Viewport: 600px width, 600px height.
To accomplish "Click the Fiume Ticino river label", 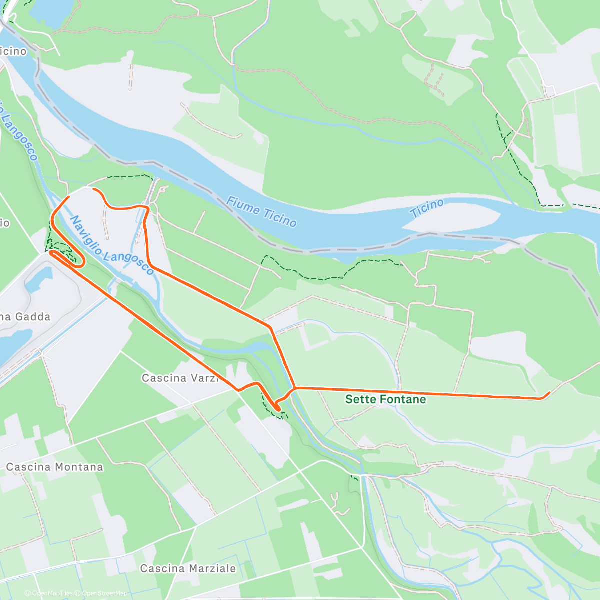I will pyautogui.click(x=261, y=212).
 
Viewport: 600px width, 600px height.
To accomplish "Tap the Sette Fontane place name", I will pyautogui.click(x=385, y=399).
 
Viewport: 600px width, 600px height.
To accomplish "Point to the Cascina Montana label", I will pyautogui.click(x=55, y=467).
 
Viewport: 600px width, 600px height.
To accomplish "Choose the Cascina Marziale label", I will pyautogui.click(x=188, y=568).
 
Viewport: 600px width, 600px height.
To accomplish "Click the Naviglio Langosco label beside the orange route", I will pyautogui.click(x=112, y=245).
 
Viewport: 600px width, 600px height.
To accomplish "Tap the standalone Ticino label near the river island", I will pyautogui.click(x=427, y=208).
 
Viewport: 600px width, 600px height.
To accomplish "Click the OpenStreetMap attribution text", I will pyautogui.click(x=104, y=593).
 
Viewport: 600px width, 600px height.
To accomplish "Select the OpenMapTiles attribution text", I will pyautogui.click(x=52, y=593).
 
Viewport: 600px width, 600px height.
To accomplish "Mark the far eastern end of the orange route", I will pyautogui.click(x=549, y=393).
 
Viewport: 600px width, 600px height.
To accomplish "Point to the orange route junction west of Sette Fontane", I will pyautogui.click(x=295, y=388).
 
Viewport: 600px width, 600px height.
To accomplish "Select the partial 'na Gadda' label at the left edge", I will pyautogui.click(x=25, y=317).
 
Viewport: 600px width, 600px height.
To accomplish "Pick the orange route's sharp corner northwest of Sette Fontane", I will pyautogui.click(x=270, y=327).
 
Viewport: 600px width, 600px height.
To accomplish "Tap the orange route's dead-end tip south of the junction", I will pyautogui.click(x=277, y=409).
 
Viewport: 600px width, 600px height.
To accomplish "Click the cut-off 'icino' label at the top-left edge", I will pyautogui.click(x=13, y=51).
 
